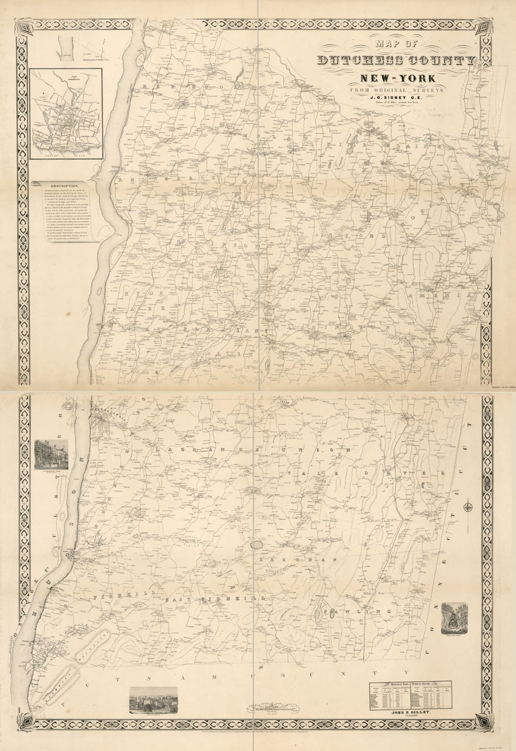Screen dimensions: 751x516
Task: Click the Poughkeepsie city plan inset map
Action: tap(66, 113)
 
